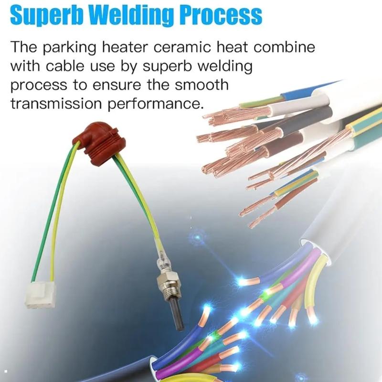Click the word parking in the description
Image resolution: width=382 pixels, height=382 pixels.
(x=70, y=47)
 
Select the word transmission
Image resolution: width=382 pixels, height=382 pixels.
(x=56, y=104)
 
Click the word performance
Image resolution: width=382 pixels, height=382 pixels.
(x=156, y=105)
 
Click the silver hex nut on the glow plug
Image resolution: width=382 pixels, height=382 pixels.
(x=168, y=280)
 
